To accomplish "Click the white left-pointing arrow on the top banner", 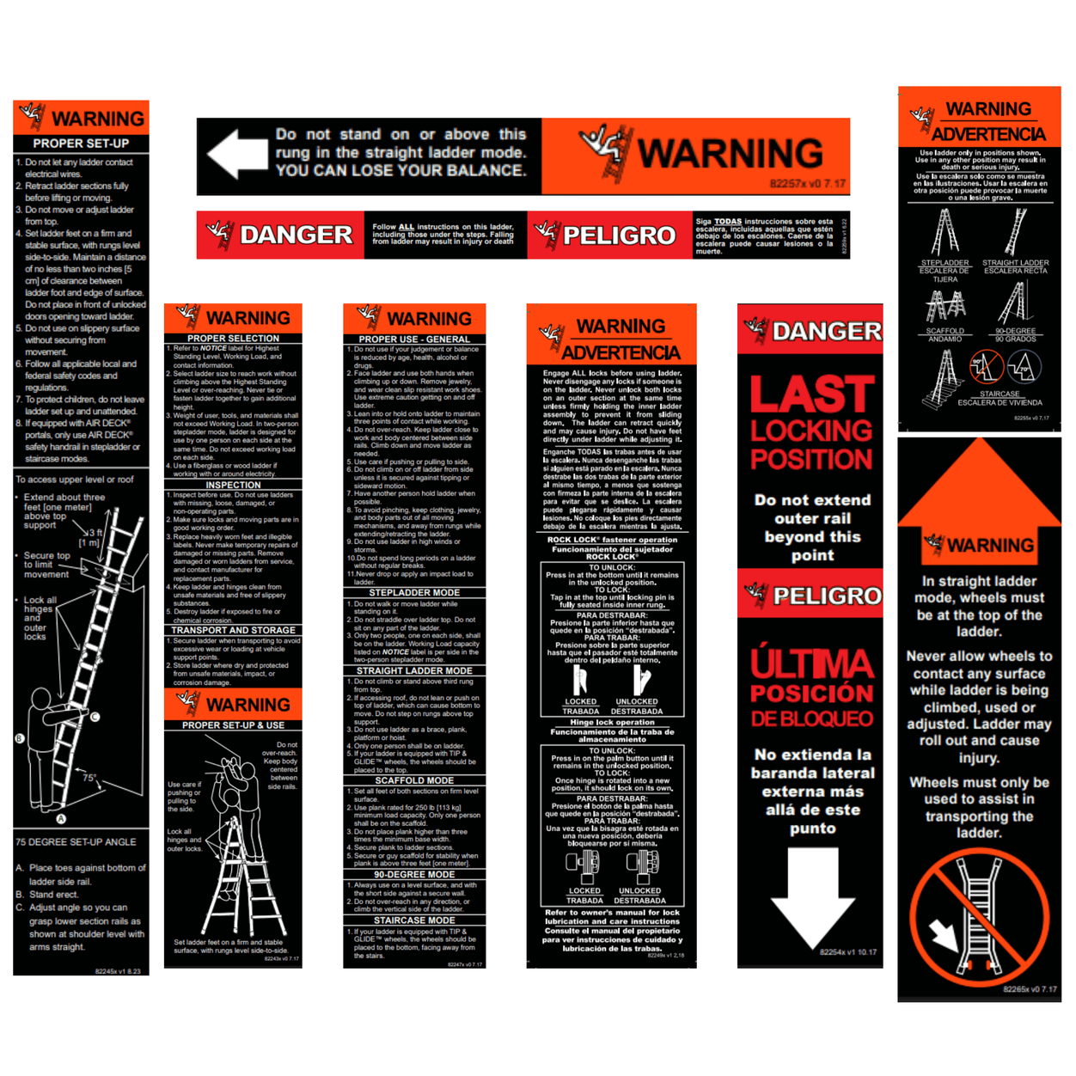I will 236,155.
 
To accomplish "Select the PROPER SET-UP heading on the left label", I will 81,144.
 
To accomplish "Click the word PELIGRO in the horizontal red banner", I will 619,235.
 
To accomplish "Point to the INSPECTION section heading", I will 233,485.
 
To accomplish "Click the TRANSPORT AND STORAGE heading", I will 233,630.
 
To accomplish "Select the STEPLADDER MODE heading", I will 414,593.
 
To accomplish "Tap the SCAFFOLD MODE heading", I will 414,781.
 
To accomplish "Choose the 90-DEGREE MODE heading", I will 414,875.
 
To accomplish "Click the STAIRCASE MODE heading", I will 414,920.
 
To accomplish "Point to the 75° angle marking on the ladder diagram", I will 89,778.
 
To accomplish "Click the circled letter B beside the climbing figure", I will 20,738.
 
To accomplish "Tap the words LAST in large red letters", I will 812,394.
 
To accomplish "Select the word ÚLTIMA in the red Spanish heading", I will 812,663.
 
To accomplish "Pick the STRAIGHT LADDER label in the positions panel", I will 1015,263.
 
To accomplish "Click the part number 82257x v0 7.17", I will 807,184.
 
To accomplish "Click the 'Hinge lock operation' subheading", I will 612,722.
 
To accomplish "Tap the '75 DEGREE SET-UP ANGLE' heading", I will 76,842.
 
